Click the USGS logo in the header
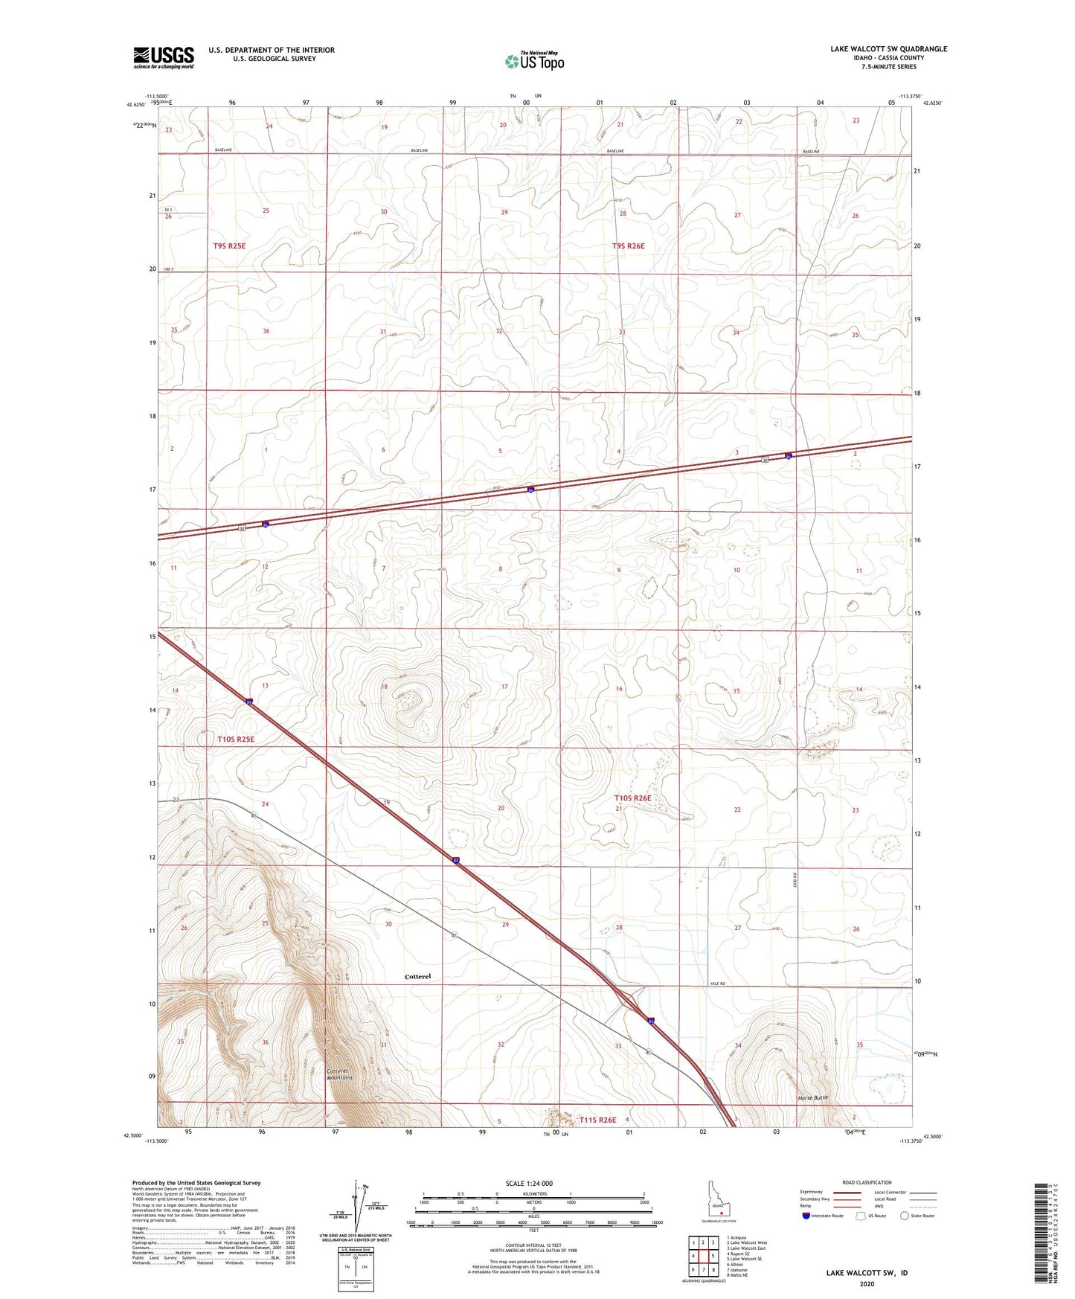(x=164, y=57)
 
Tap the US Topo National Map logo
(x=534, y=61)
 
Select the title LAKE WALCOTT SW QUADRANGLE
(x=888, y=49)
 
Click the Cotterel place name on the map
(x=418, y=976)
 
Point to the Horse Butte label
(x=812, y=1098)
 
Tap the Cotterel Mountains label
(x=339, y=1074)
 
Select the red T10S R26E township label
(x=632, y=798)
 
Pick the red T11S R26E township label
(x=597, y=1120)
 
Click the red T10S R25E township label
(x=236, y=739)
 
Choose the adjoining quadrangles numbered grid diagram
(x=702, y=1255)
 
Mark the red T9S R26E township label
(x=629, y=246)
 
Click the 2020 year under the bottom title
(x=867, y=1283)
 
